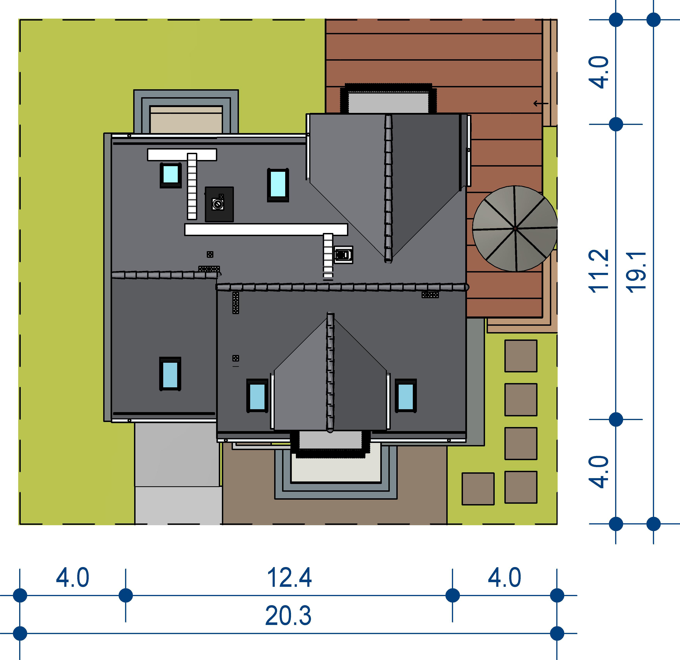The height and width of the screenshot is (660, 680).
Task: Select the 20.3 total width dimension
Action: [288, 616]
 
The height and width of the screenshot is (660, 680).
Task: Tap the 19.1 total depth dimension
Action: [637, 272]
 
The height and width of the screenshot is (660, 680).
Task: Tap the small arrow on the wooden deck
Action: [541, 103]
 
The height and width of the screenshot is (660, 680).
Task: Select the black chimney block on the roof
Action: [219, 204]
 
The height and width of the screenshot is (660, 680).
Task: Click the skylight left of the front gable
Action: [257, 396]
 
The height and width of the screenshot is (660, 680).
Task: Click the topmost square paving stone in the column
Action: [521, 356]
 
